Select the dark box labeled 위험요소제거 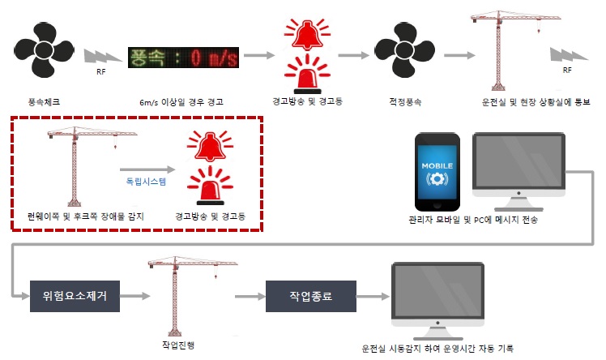coord(69,295)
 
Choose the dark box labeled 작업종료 coord(311,295)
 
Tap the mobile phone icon coord(438,170)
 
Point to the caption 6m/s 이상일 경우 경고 coord(181,103)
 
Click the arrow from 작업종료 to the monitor coord(371,296)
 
